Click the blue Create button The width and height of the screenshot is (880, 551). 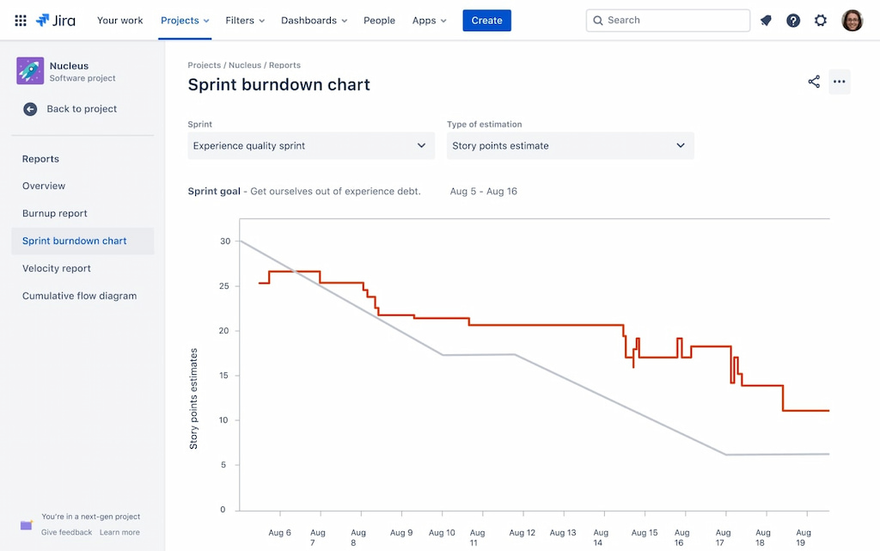point(486,21)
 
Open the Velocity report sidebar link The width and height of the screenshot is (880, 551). point(57,268)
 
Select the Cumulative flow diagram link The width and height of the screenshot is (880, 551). point(79,296)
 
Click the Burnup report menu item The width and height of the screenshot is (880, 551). point(55,213)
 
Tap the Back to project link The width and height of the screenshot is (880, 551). point(81,109)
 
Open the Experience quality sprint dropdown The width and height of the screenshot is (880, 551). point(310,146)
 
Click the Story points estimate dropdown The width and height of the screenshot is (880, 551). point(570,146)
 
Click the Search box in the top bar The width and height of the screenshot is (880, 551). point(668,21)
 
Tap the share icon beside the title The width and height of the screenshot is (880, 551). point(814,83)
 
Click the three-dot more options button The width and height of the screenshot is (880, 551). point(840,83)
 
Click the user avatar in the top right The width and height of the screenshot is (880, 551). point(852,21)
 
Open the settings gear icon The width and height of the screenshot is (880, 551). point(821,21)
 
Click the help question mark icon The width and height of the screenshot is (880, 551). point(793,21)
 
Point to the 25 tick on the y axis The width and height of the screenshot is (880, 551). point(224,286)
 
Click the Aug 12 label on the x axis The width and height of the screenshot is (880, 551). point(522,533)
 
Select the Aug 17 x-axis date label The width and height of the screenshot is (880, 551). point(723,537)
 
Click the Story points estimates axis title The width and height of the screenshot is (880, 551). point(194,399)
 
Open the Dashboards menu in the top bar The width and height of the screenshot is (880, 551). point(314,21)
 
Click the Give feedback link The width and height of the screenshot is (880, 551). point(66,532)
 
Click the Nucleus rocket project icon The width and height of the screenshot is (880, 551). point(30,71)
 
